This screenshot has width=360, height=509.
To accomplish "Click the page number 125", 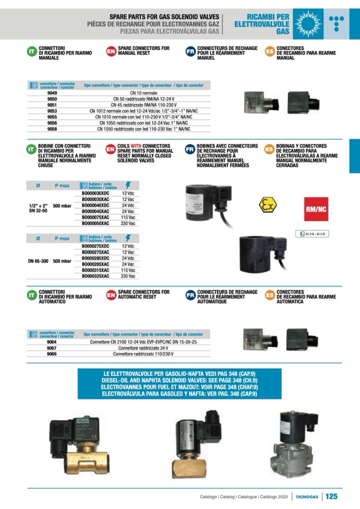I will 332,496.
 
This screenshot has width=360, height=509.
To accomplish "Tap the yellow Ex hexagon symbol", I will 268,205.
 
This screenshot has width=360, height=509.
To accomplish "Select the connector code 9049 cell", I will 52,93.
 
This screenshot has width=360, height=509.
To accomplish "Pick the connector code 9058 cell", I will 52,128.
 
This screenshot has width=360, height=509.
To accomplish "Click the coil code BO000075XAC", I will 96,218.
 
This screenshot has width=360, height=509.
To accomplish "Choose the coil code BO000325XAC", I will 96,276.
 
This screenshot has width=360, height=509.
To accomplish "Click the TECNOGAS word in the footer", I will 307,497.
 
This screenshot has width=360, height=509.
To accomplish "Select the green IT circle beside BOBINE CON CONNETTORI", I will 32,150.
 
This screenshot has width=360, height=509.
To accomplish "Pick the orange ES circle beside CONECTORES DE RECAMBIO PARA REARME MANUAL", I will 270,52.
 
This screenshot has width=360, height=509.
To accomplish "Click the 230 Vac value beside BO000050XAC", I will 128,223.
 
